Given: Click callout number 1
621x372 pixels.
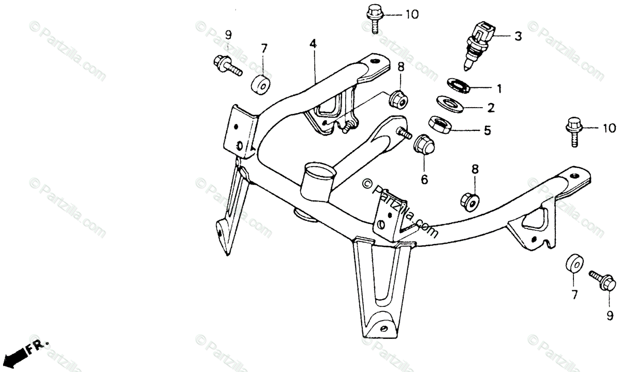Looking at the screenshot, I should point(499,89).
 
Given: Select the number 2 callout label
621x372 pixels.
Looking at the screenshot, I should point(491,108).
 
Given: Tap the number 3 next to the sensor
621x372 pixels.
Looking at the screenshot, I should point(517,36).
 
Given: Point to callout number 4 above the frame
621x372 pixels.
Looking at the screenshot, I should point(313,44).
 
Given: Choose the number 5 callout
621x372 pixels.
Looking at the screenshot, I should point(487,131).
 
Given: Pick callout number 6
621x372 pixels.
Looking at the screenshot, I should point(424,180).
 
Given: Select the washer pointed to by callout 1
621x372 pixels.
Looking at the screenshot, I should point(459,85).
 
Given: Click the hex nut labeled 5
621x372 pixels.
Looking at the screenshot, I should point(439,126).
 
